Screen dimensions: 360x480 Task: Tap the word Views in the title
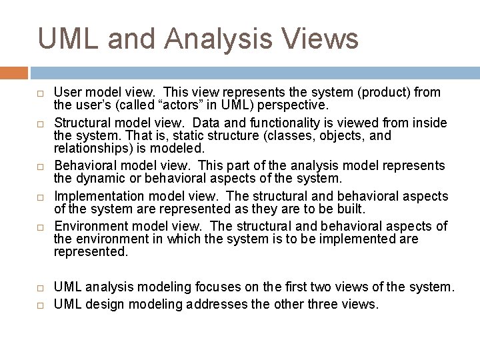(321, 39)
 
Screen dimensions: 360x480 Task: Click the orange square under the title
(14, 73)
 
